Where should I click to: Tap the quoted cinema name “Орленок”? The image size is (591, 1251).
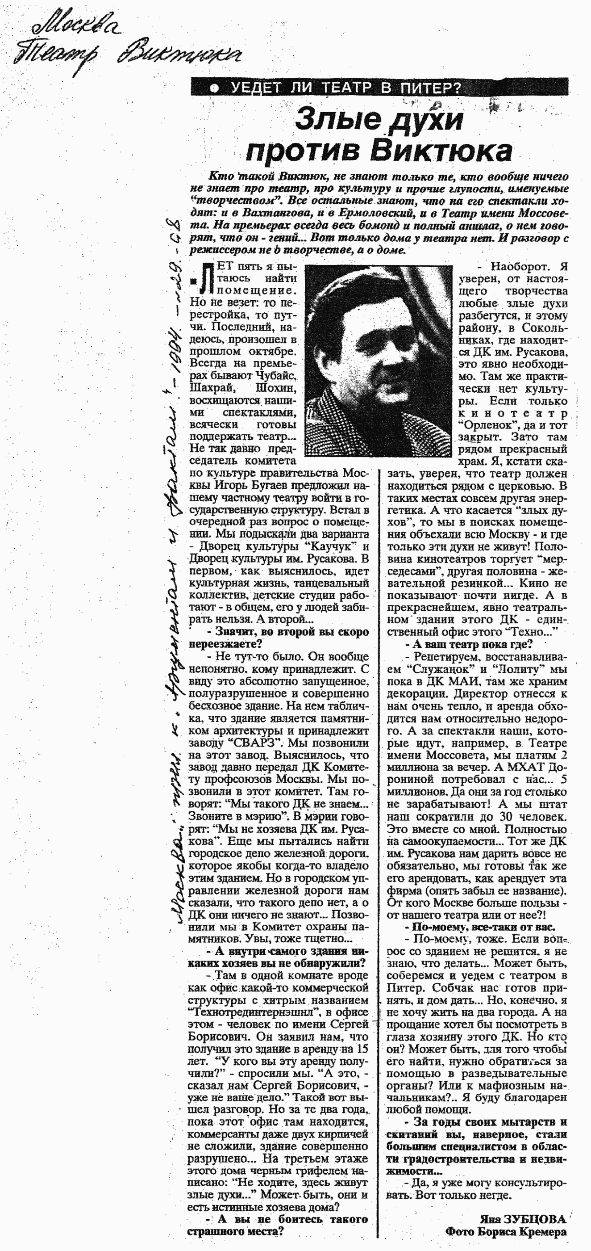tap(490, 425)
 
